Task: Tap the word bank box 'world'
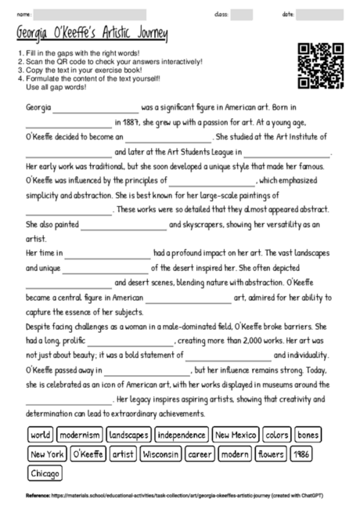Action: (x=40, y=434)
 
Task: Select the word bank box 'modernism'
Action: (x=80, y=434)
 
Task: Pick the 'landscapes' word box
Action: (x=128, y=434)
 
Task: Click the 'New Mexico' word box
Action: (x=236, y=434)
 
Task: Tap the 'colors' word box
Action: (x=276, y=434)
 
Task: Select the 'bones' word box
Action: (x=308, y=434)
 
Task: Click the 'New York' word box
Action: (x=46, y=453)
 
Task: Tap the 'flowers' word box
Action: (x=272, y=453)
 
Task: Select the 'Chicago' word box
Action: (x=45, y=473)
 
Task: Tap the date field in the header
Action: (x=324, y=14)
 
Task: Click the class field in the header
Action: (x=242, y=14)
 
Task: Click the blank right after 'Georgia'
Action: (x=95, y=106)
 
